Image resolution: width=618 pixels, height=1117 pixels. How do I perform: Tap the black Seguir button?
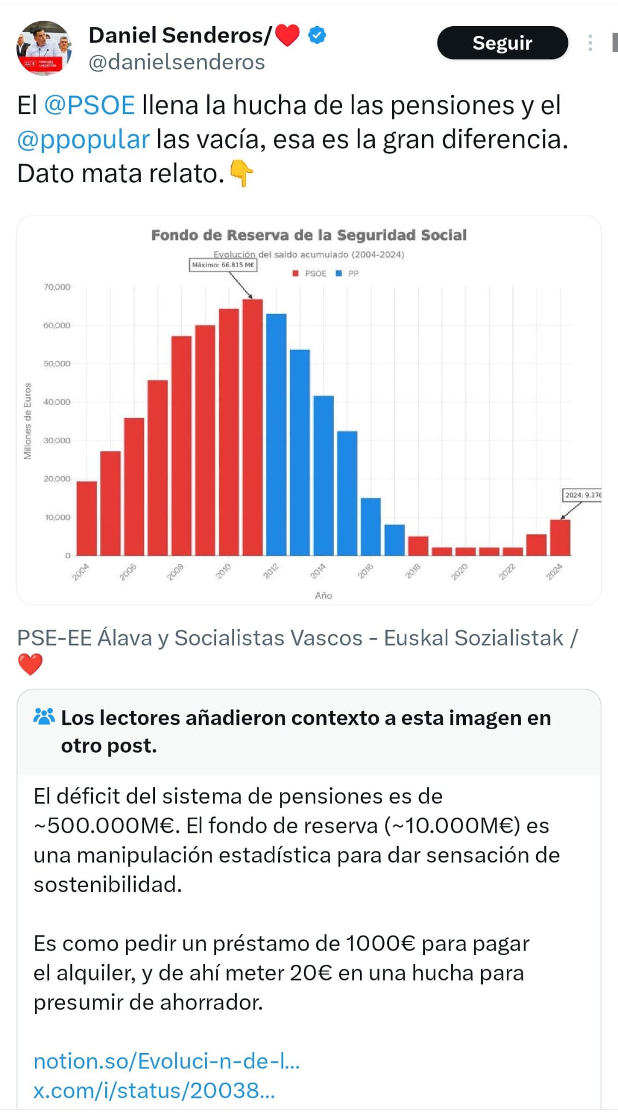click(x=502, y=43)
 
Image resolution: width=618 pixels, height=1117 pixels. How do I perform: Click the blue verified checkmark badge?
click(x=317, y=35)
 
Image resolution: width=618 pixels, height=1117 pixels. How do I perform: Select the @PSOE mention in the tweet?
click(x=89, y=105)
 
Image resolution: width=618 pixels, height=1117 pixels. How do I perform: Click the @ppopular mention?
click(x=83, y=139)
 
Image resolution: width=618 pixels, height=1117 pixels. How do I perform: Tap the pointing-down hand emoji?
click(x=241, y=173)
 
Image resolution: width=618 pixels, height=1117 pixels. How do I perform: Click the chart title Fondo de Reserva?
click(x=309, y=235)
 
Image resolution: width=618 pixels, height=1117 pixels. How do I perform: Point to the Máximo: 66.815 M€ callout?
click(x=223, y=265)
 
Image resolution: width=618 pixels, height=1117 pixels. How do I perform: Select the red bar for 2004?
click(x=87, y=518)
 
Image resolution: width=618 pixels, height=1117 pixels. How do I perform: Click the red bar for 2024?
click(x=560, y=537)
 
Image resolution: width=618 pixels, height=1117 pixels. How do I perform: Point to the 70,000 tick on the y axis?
click(x=57, y=287)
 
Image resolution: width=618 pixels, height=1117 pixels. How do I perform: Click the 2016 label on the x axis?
click(x=365, y=570)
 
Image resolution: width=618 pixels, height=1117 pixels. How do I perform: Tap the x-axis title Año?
click(x=323, y=596)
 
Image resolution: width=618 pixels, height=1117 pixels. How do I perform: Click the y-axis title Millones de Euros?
click(x=27, y=421)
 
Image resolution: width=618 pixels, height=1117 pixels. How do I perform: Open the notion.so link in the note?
click(x=166, y=1061)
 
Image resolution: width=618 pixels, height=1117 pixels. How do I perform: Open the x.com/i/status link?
click(x=154, y=1090)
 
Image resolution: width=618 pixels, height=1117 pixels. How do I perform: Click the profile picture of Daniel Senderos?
click(x=44, y=48)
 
